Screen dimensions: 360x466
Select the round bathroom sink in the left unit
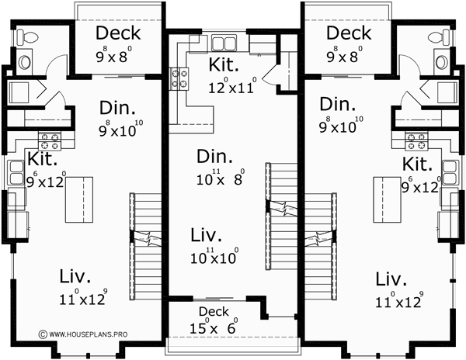pos(25,61)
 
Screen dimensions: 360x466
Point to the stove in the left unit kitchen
pos(50,141)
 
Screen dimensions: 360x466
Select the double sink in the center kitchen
pos(224,43)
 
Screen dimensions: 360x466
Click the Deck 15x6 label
pos(214,319)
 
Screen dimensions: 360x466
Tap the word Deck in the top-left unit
pos(119,33)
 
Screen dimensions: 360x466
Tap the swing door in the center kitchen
pos(270,74)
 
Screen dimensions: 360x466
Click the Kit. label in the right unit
pos(416,164)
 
